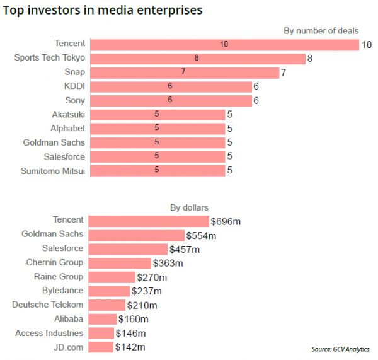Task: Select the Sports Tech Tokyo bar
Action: point(197,58)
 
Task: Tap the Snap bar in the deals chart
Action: point(184,73)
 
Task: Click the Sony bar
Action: point(170,100)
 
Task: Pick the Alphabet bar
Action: point(157,128)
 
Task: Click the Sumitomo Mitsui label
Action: point(53,170)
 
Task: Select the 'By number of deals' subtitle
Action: point(321,30)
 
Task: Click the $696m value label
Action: point(225,221)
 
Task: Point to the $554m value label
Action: point(201,236)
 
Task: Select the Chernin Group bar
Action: point(120,263)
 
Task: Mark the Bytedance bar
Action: point(109,291)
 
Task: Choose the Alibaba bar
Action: point(102,319)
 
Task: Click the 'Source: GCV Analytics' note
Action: point(340,349)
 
